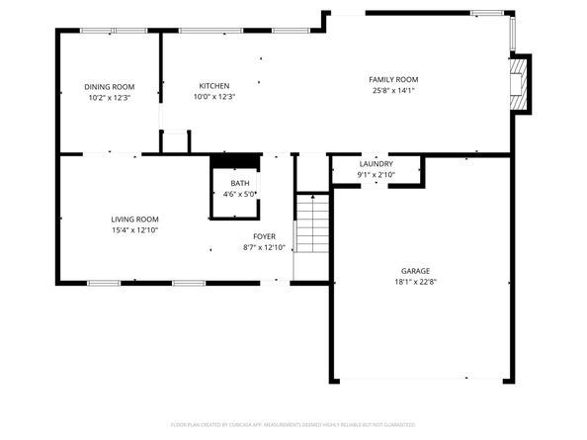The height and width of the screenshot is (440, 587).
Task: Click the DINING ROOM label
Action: (110, 86)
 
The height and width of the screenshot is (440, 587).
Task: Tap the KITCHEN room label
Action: (214, 86)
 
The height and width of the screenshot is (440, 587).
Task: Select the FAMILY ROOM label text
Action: (393, 79)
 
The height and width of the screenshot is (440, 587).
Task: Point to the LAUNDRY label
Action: (377, 164)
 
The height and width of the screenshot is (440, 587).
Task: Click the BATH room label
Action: (240, 184)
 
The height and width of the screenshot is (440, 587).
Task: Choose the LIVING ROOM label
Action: (134, 220)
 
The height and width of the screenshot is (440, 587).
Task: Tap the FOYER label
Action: (264, 236)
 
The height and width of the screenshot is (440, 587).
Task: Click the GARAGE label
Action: (415, 270)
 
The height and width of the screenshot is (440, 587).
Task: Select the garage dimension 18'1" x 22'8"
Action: (415, 281)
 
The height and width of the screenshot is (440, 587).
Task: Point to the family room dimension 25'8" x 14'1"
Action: (393, 91)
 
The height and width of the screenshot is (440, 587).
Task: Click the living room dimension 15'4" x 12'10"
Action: (134, 230)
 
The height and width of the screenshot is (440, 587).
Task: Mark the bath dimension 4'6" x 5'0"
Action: (240, 195)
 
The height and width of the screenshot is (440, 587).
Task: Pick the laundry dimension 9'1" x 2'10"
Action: (377, 175)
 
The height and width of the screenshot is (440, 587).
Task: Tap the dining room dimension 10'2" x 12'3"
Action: (110, 98)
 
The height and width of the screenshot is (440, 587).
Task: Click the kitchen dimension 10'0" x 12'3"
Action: (214, 98)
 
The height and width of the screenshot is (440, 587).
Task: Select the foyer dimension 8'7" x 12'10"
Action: (264, 247)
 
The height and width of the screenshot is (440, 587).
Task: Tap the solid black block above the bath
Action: (235, 161)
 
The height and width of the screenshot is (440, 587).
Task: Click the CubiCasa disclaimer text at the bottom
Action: (293, 423)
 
